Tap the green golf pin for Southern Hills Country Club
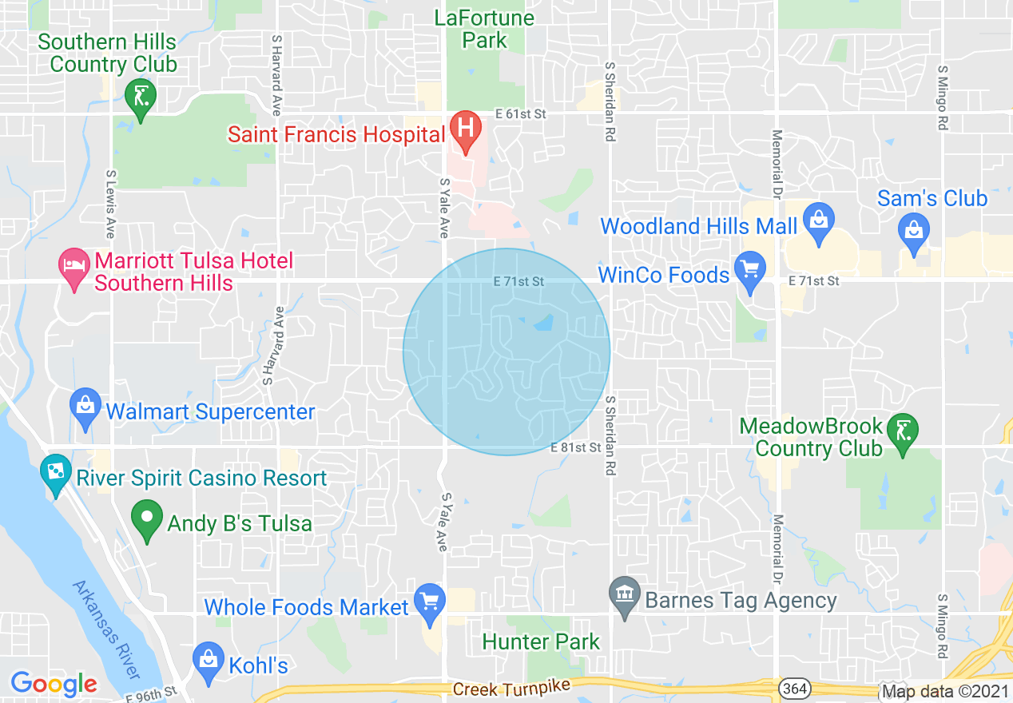point(141,97)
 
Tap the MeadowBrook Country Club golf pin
point(903,433)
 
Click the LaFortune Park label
point(485,29)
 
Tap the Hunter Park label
point(542,641)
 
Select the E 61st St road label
point(520,114)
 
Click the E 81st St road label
point(575,448)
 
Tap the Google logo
point(54,684)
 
